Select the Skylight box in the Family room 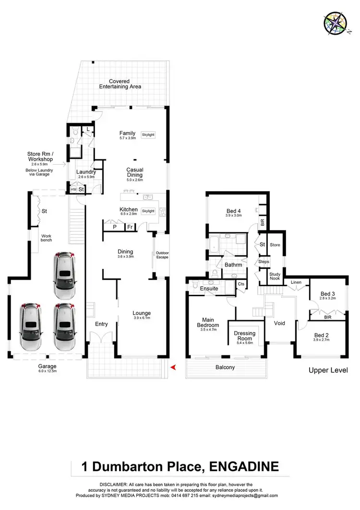coord(148,135)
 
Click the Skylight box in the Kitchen coord(148,211)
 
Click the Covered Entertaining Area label coord(120,84)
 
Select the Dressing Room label coord(245,336)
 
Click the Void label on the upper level coord(279,323)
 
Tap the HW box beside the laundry coord(73,190)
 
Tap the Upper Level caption coord(328,370)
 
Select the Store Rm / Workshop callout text coord(40,157)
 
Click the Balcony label coord(225,367)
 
